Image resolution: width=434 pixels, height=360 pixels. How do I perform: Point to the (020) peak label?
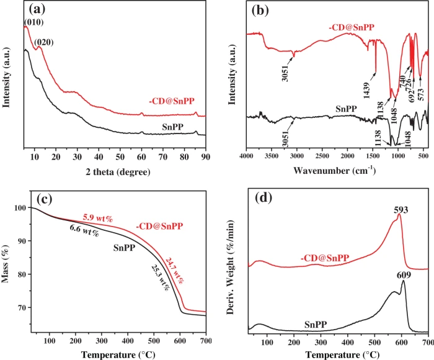[44, 42]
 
